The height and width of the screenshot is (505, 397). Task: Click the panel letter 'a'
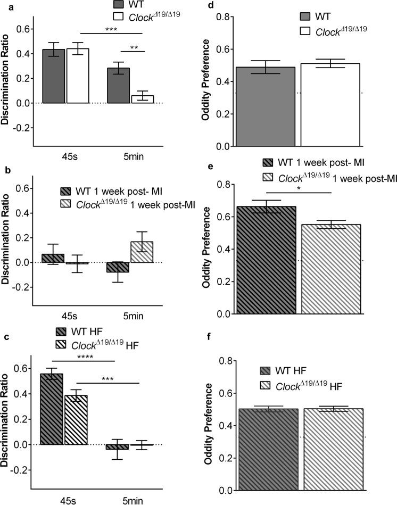(3, 4)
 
